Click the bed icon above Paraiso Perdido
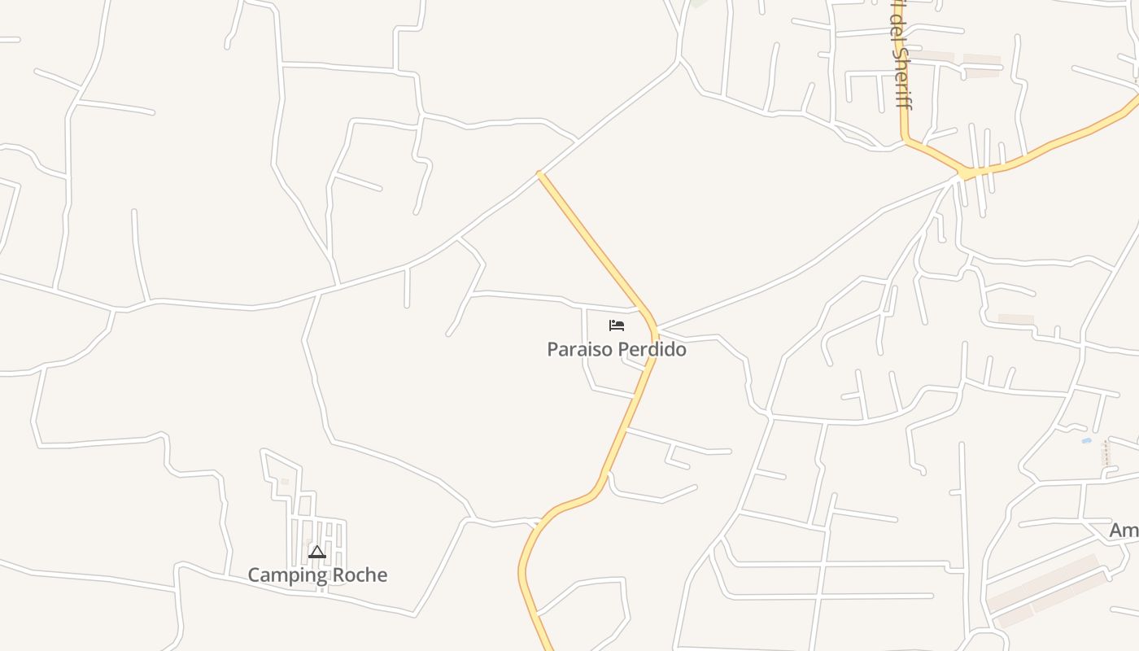(617, 325)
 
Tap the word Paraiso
(580, 350)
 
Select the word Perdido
(652, 350)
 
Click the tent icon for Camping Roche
(317, 553)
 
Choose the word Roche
(362, 575)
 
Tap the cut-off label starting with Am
(1124, 531)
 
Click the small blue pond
(1086, 441)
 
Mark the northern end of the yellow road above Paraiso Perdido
(539, 173)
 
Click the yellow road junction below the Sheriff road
(965, 173)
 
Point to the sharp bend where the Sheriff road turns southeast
(905, 140)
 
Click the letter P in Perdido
(625, 350)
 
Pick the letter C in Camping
(254, 575)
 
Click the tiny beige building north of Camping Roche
(285, 482)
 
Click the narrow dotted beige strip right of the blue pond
(1106, 454)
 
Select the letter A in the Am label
(1116, 531)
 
